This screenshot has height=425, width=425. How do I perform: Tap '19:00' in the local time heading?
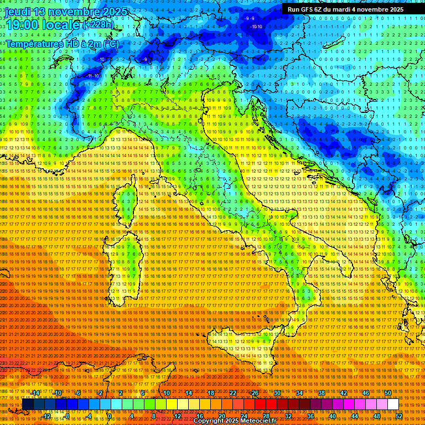click(22, 25)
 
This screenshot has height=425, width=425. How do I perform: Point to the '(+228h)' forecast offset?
click(99, 25)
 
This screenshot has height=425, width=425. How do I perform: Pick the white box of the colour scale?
click(393, 405)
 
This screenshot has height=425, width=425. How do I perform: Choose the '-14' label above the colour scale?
click(35, 393)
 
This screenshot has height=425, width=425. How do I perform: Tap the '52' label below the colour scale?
click(399, 416)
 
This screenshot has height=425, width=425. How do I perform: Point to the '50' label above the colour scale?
click(388, 393)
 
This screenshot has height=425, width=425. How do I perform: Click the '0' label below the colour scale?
click(110, 416)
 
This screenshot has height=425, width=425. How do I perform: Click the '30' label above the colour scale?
click(277, 393)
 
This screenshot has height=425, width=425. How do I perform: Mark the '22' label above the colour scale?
click(232, 393)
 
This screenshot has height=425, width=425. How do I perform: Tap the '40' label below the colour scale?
click(332, 416)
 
